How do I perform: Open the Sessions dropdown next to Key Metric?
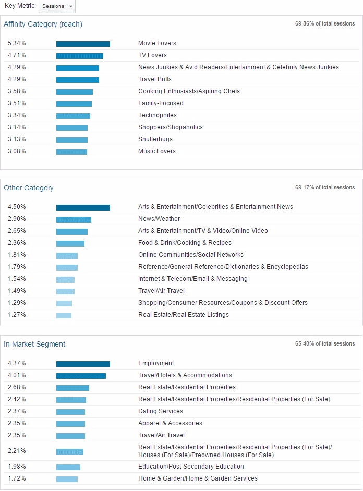click(x=57, y=6)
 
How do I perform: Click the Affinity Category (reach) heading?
click(x=43, y=24)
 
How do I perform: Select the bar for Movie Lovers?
click(x=83, y=44)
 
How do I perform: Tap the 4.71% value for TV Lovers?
click(x=17, y=55)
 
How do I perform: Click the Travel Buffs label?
click(x=155, y=79)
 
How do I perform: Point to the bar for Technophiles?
click(x=73, y=115)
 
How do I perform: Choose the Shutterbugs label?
click(x=155, y=139)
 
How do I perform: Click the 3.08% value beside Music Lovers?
click(x=17, y=151)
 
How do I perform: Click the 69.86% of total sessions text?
click(x=325, y=24)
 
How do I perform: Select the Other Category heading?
click(x=29, y=188)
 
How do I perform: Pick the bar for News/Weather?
click(x=74, y=219)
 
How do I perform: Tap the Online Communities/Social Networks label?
click(x=191, y=255)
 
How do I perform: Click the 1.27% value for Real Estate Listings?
click(x=17, y=315)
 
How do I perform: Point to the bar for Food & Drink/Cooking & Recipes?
click(x=70, y=243)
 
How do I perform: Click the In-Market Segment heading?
click(x=34, y=344)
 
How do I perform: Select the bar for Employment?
click(x=83, y=364)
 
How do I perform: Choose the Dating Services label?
click(x=161, y=411)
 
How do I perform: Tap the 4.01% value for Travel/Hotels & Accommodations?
click(x=17, y=375)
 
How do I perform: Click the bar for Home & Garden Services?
click(x=67, y=479)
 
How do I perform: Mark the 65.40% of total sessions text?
click(x=325, y=344)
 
